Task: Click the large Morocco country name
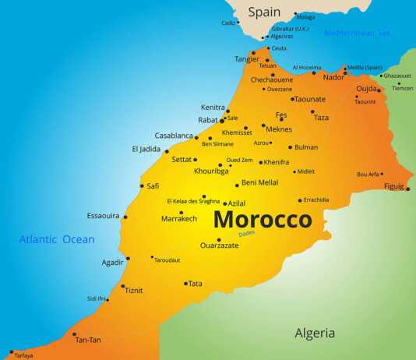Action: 263,219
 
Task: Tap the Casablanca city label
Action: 174,136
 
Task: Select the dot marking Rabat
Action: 222,121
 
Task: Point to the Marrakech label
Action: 179,219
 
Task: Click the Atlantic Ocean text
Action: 57,239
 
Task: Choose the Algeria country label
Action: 315,334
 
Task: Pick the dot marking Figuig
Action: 407,189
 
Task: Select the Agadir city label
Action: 113,263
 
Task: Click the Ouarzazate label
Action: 219,245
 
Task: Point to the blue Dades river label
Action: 247,232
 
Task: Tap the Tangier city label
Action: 247,59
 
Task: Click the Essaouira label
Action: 103,215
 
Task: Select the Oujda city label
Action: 365,89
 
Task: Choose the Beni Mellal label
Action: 259,182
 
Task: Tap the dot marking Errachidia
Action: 300,199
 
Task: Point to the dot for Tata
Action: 185,284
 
